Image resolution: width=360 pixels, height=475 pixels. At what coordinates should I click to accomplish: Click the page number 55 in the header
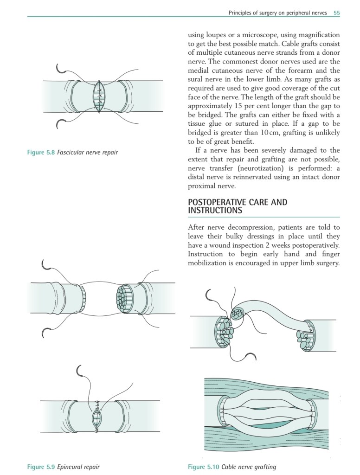(337, 13)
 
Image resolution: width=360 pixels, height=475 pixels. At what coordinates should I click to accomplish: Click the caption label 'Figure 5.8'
(41, 152)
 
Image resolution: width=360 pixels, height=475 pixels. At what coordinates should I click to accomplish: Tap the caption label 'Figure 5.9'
(41, 467)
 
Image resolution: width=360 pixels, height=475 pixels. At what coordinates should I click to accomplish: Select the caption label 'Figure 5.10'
(203, 467)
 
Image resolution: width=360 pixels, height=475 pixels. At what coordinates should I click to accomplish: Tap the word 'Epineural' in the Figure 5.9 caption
(71, 467)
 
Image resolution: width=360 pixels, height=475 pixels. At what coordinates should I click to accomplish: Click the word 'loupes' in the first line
(218, 35)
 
